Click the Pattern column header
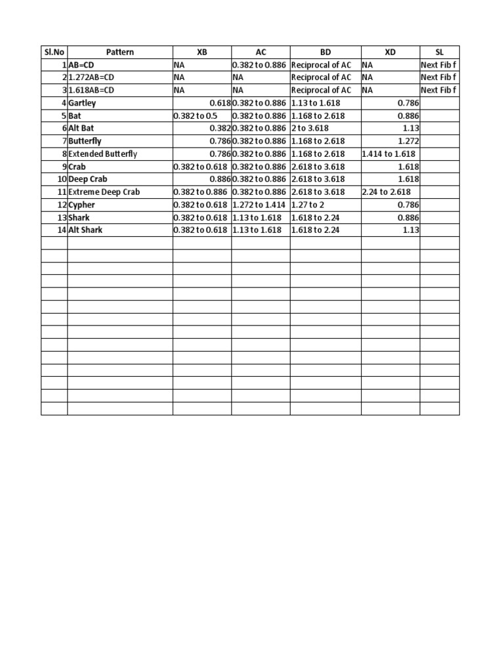(119, 52)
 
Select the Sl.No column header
(54, 52)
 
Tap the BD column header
(325, 52)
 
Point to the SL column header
(440, 52)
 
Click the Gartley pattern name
(82, 103)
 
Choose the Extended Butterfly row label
(102, 154)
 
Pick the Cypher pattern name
(82, 205)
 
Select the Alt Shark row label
(85, 230)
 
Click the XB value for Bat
(194, 115)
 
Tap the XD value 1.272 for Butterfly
(408, 141)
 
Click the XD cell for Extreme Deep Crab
(387, 192)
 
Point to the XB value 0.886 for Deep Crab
(218, 179)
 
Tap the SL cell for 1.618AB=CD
(438, 90)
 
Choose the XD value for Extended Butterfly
(388, 154)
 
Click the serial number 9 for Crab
(63, 167)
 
